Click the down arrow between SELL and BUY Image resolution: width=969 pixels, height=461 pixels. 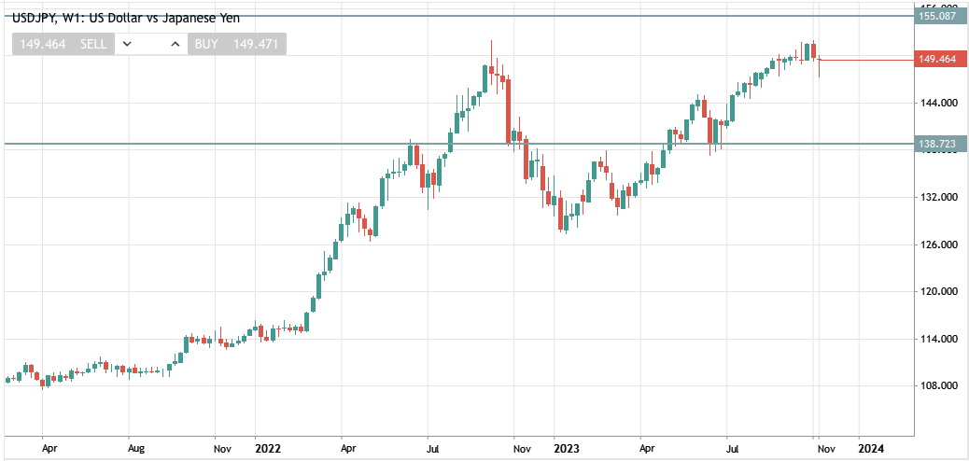[128, 44]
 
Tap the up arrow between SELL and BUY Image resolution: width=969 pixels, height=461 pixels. [175, 44]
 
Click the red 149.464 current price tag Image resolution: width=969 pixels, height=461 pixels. [937, 60]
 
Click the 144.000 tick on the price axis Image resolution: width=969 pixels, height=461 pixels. [937, 103]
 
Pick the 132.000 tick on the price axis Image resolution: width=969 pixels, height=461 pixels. [937, 198]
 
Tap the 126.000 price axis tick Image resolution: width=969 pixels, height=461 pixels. [937, 245]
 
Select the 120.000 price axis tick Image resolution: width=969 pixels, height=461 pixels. [937, 292]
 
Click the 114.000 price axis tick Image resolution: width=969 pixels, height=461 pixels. [937, 340]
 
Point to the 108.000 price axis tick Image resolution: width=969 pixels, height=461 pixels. [937, 386]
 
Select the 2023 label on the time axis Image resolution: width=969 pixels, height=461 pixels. [567, 449]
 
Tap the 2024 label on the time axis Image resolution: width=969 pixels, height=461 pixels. [870, 449]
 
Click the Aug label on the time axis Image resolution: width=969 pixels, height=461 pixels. [136, 449]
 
